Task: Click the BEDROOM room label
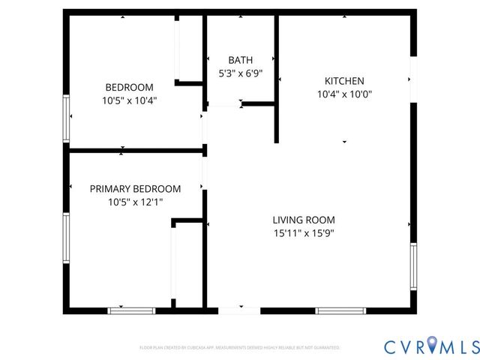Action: pos(129,87)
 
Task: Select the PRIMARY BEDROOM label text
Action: pos(135,189)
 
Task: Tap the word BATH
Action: pos(240,60)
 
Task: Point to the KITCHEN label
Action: pos(344,81)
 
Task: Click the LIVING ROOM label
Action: pos(303,220)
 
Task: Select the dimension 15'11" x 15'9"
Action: pos(303,232)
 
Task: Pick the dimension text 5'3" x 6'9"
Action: pos(240,73)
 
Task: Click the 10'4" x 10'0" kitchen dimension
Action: pos(344,94)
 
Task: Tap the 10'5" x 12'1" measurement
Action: pos(135,202)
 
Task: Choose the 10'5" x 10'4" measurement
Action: pos(129,100)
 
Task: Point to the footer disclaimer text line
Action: pos(240,348)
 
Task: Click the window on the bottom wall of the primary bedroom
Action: pos(131,310)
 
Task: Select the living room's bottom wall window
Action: pos(340,310)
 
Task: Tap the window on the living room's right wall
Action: pos(412,266)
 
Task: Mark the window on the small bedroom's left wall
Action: pos(67,118)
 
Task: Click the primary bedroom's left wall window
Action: pos(67,238)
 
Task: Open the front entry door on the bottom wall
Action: pos(239,309)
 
